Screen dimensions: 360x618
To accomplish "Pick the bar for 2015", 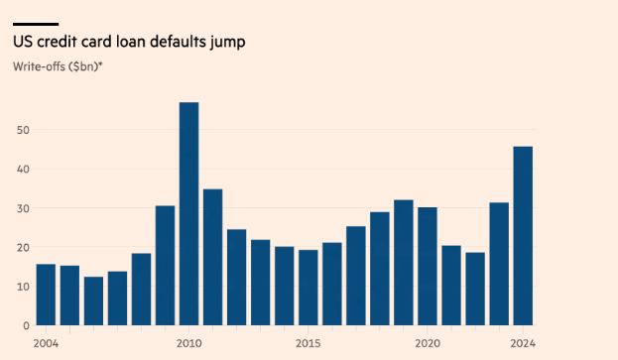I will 309,287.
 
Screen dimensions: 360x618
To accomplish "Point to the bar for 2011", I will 212,257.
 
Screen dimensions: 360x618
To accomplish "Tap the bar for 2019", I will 404,263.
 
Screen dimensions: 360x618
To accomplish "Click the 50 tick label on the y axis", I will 22,130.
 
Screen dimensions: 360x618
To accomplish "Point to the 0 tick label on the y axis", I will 25,325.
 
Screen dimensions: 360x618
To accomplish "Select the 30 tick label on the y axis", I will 22,208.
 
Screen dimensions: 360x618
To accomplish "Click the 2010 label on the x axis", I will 188,343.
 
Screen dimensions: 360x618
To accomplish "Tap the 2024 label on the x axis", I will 523,343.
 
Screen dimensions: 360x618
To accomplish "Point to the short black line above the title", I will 36,24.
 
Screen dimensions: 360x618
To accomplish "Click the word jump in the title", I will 227,42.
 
